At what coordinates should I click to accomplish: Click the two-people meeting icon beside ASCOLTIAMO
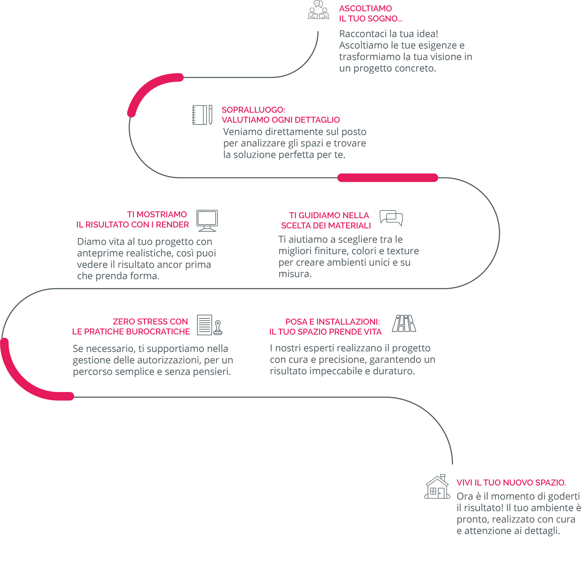tap(318, 10)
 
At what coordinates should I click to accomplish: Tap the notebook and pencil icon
tap(202, 115)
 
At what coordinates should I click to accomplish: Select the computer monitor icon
tap(207, 221)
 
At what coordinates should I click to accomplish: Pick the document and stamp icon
tap(210, 325)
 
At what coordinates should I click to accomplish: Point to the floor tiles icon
tap(404, 323)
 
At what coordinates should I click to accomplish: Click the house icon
tap(437, 487)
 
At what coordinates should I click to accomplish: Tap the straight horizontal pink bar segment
tap(388, 178)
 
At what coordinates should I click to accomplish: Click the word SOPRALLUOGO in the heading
tap(253, 110)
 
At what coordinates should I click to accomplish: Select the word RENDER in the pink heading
tap(172, 225)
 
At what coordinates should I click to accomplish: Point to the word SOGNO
tap(384, 19)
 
